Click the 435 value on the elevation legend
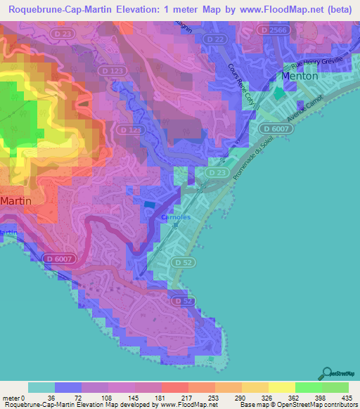(346, 397)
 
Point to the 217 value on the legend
(186, 397)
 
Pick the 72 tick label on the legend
(79, 397)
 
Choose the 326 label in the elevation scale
(266, 397)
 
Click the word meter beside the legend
(12, 397)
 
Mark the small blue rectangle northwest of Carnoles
(149, 204)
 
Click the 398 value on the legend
(320, 397)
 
